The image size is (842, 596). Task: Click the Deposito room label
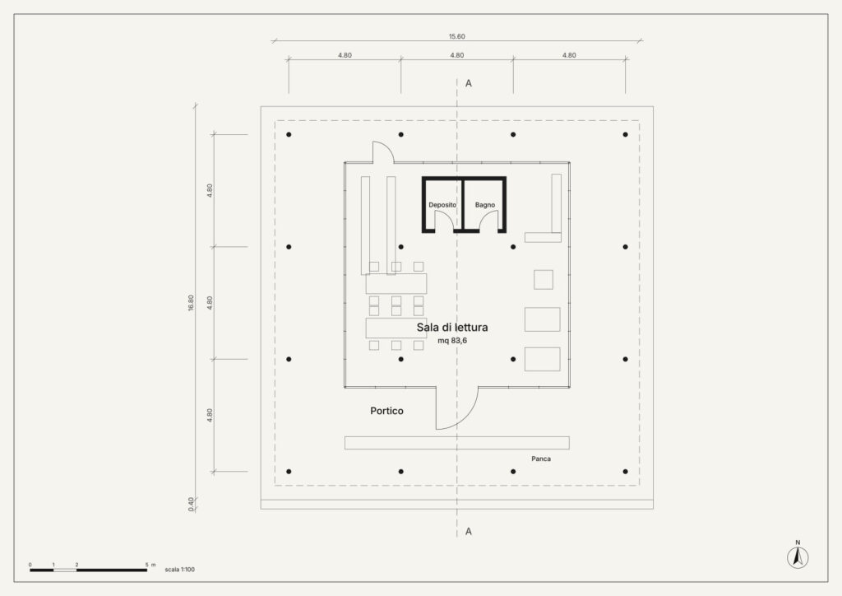click(x=442, y=205)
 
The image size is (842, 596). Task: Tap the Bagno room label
click(x=485, y=205)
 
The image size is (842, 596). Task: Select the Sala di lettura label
click(x=452, y=328)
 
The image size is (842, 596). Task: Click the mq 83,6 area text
click(x=452, y=341)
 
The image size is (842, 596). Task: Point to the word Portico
click(x=386, y=411)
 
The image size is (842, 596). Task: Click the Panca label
click(x=541, y=459)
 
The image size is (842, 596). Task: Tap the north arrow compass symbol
click(x=798, y=556)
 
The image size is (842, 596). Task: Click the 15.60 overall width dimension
click(x=457, y=36)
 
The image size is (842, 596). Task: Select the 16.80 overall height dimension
click(x=191, y=303)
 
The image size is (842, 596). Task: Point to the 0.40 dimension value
click(x=191, y=504)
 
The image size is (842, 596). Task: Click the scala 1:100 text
click(x=180, y=570)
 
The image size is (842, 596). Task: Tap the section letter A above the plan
click(x=468, y=83)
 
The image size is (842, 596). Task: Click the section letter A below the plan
click(x=468, y=532)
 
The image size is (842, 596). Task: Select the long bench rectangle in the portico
click(x=457, y=443)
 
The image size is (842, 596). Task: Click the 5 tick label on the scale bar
click(x=146, y=565)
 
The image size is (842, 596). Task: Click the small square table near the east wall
click(x=544, y=279)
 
